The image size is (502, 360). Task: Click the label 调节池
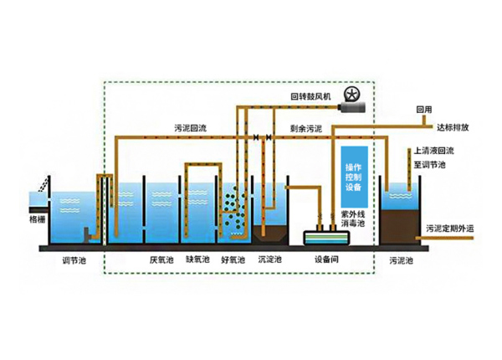pos(74,260)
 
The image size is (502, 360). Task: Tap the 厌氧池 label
pos(160,260)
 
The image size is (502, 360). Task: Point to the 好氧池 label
pos(233,260)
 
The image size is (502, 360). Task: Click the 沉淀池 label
pos(269,260)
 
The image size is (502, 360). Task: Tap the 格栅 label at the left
pos(38,219)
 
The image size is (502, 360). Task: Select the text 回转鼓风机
pos(311,97)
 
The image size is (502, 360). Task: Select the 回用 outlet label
pos(424,110)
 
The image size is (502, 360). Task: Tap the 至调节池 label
pos(429,166)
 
